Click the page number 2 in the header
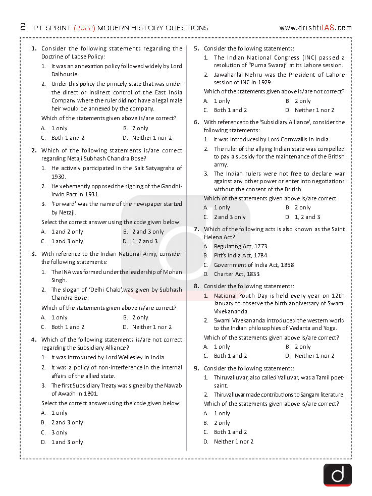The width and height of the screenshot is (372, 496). pyautogui.click(x=23, y=27)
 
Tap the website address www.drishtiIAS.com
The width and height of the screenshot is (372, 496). pyautogui.click(x=315, y=28)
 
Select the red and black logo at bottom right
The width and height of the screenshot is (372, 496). pyautogui.click(x=337, y=475)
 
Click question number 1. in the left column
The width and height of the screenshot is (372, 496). pyautogui.click(x=34, y=48)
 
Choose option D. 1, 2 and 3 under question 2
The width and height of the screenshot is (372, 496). pyautogui.click(x=141, y=241)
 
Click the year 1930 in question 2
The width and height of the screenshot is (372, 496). pyautogui.click(x=59, y=177)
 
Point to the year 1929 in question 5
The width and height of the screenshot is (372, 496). pyautogui.click(x=264, y=82)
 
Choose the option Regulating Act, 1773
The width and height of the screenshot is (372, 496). pyautogui.click(x=240, y=246)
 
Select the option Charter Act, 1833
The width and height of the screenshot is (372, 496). pyautogui.click(x=236, y=274)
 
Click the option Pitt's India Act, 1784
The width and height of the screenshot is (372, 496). pyautogui.click(x=240, y=255)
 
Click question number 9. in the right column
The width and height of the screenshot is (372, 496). pyautogui.click(x=196, y=368)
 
